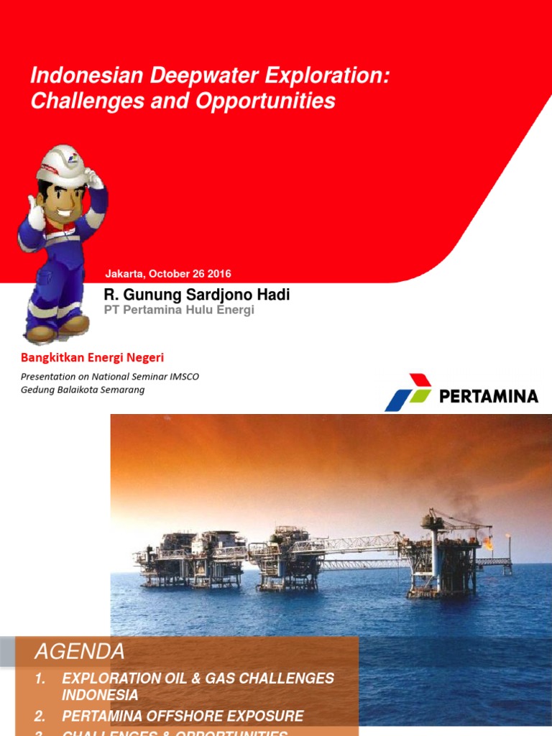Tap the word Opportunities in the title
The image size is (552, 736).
(x=274, y=101)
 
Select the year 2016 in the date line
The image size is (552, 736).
(x=219, y=274)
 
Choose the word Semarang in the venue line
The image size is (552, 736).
(x=121, y=390)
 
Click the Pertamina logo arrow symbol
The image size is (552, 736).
(x=408, y=392)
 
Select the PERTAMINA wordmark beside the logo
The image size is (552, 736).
(x=488, y=396)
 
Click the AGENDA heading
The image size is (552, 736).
(x=80, y=652)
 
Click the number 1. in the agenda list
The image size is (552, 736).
(x=40, y=678)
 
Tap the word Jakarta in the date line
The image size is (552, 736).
(x=124, y=274)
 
